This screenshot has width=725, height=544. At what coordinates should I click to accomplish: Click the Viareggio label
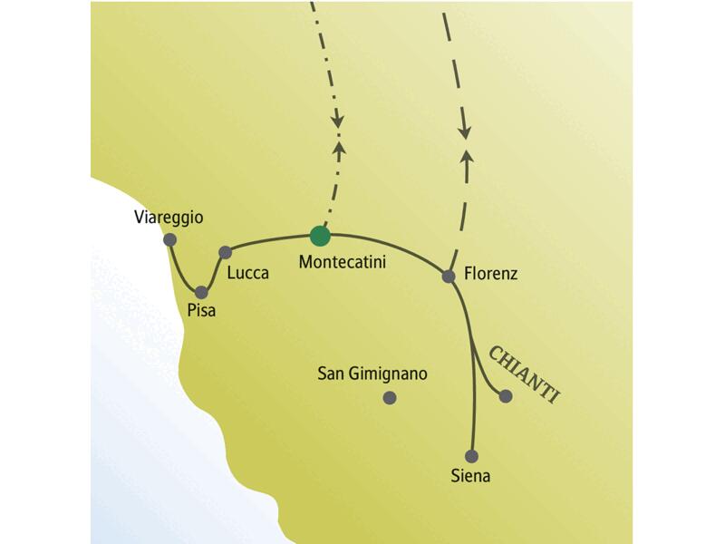pos(169,218)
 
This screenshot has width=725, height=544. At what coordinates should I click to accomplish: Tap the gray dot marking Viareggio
pos(169,239)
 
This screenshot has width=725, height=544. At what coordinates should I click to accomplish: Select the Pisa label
pos(200,310)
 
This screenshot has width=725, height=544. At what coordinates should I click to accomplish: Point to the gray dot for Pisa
pos(202,292)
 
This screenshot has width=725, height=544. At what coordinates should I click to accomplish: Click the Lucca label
pos(248,272)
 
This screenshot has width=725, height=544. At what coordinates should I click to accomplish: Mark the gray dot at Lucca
pos(226,251)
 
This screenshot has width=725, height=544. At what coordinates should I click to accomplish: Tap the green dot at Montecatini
pos(319,236)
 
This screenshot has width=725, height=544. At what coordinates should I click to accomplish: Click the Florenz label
pos(489,273)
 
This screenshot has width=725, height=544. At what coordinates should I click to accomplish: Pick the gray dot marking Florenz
pos(448,276)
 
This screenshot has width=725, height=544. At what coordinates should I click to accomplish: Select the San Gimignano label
pos(372,374)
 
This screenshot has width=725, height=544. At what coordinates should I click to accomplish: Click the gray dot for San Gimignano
pos(390,397)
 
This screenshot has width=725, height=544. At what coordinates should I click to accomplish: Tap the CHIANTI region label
pos(523,373)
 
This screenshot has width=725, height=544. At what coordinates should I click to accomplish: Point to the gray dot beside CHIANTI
pos(506,396)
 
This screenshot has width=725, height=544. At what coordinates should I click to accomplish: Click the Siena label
pos(470,475)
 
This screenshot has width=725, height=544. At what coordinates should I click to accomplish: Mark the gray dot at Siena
pos(470,456)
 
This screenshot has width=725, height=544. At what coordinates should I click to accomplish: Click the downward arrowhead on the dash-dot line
pos(337,119)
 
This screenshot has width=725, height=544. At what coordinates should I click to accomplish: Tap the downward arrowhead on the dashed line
pos(465,131)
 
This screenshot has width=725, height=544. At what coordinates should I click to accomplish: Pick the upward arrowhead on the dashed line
pos(468,158)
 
